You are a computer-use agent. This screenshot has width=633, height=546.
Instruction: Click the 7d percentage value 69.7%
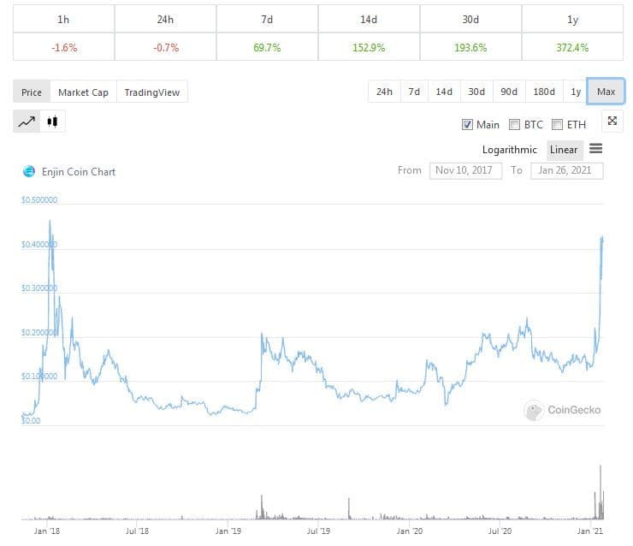coord(265,47)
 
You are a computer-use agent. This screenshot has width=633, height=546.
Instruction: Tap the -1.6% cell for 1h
coord(63,47)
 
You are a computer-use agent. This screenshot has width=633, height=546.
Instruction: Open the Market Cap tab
coord(83,92)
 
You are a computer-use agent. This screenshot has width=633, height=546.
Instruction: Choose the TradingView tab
coord(151,92)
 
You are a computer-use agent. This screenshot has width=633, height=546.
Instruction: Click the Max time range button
coord(606,92)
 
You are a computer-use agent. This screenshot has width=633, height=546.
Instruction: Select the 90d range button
coord(509,92)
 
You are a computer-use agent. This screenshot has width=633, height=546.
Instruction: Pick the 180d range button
coord(543,92)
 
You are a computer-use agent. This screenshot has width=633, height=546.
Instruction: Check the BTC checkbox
coord(515,124)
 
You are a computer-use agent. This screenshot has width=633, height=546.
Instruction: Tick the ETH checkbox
coord(558,124)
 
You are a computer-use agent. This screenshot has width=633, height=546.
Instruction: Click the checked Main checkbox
coord(467,124)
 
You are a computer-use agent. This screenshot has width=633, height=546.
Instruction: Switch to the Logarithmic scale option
coord(510,150)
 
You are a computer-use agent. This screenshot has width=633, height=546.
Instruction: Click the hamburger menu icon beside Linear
coord(596,149)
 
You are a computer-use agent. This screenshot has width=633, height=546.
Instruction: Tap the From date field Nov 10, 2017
coord(465,170)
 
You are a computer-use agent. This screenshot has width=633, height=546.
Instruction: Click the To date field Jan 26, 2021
coord(566,170)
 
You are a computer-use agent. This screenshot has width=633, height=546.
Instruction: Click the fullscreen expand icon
coord(612,121)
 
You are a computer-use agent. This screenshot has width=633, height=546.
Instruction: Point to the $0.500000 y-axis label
coord(39,200)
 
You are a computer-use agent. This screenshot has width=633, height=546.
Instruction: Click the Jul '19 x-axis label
coord(319,531)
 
